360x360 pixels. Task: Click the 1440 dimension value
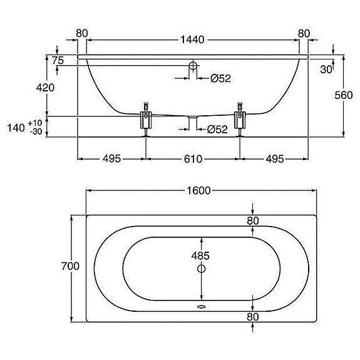pyautogui.click(x=192, y=39)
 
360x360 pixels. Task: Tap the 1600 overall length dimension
pyautogui.click(x=198, y=190)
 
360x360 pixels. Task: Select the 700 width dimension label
pyautogui.click(x=70, y=266)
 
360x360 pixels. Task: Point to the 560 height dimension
pyautogui.click(x=344, y=95)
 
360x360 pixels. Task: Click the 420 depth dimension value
pyautogui.click(x=45, y=88)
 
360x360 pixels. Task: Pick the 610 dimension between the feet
pyautogui.click(x=193, y=159)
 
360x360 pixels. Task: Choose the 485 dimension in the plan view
pyautogui.click(x=200, y=255)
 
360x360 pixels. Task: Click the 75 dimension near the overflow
pyautogui.click(x=58, y=60)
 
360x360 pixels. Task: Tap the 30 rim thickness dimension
pyautogui.click(x=326, y=69)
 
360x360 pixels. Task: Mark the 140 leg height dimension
pyautogui.click(x=16, y=128)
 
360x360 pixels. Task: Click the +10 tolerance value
pyautogui.click(x=35, y=123)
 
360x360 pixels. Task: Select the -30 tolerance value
pyautogui.click(x=36, y=131)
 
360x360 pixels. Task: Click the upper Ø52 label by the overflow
pyautogui.click(x=220, y=78)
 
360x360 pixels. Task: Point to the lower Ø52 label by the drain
pyautogui.click(x=217, y=130)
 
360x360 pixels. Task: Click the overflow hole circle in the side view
pyautogui.click(x=193, y=66)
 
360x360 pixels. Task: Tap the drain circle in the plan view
pyautogui.click(x=202, y=269)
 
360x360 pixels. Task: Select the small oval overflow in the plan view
pyautogui.click(x=202, y=307)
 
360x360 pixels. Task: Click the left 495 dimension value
pyautogui.click(x=111, y=159)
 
